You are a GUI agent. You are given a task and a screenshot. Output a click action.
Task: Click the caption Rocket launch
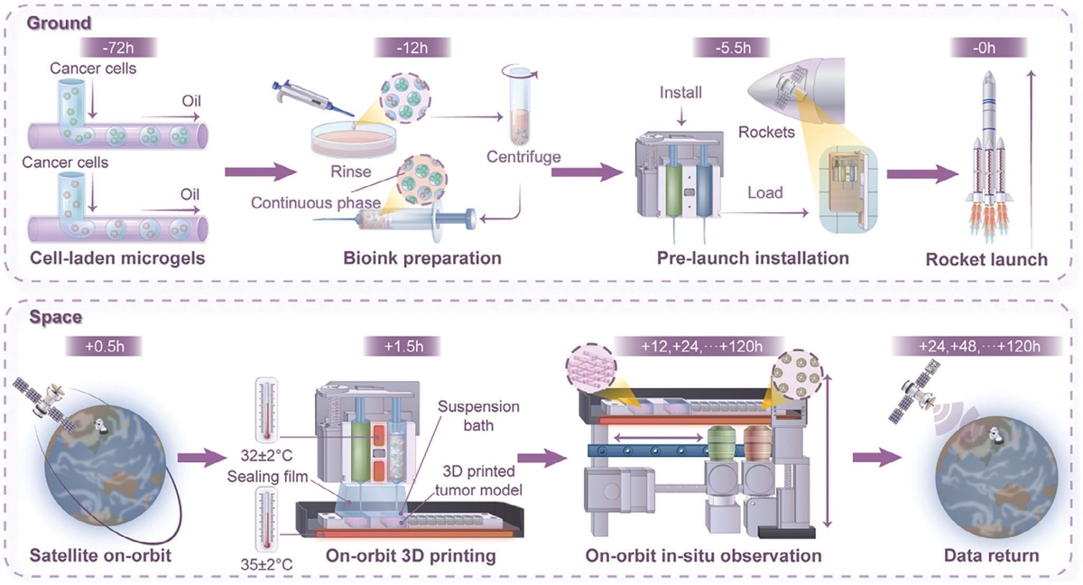pos(986,259)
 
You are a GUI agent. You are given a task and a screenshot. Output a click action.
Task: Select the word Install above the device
pos(681,92)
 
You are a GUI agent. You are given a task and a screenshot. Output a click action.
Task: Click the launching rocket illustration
pos(987,153)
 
